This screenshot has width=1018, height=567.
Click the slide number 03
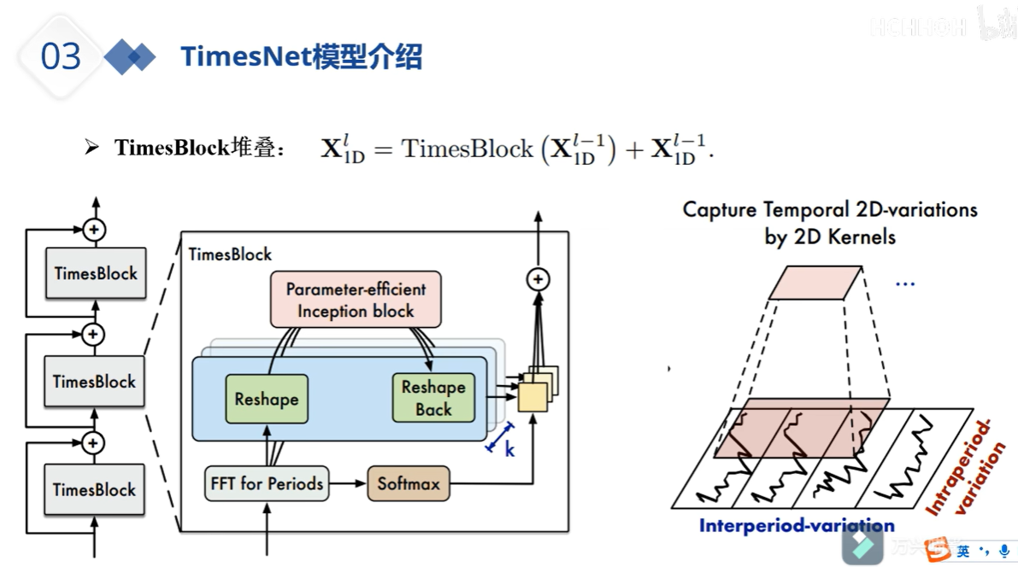[x=61, y=57]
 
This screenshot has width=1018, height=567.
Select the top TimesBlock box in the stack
[x=95, y=273]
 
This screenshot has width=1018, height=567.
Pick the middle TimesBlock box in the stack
[x=94, y=381]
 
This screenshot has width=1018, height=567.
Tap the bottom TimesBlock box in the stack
[x=94, y=489]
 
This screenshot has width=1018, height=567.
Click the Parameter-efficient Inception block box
[x=356, y=300]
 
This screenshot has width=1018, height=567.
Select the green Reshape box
[x=266, y=399]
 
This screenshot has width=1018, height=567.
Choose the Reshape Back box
[x=433, y=398]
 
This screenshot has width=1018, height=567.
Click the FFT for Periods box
[x=267, y=483]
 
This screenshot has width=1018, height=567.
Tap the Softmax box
[x=408, y=483]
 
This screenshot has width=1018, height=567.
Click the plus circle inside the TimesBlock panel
[x=538, y=279]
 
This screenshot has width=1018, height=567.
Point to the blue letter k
[x=509, y=449]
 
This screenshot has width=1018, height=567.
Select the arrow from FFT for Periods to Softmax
[x=347, y=483]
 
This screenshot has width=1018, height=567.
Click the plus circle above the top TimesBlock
[x=94, y=229]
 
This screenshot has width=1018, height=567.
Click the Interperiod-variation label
[x=796, y=525]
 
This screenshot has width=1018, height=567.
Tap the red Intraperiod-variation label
[x=965, y=467]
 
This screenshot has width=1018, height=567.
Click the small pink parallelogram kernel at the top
[x=813, y=282]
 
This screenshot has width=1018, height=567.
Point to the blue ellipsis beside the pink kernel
[x=903, y=282]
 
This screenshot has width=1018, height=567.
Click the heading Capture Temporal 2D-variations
[x=829, y=210]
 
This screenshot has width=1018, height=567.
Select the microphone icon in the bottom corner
[x=1003, y=552]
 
